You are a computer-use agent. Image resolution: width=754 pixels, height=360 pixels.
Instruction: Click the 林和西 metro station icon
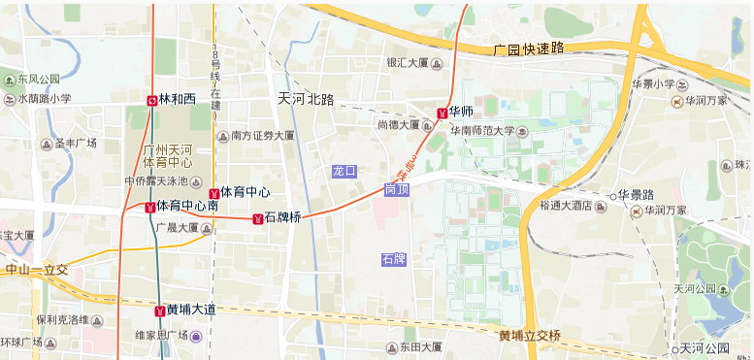pos(152,99)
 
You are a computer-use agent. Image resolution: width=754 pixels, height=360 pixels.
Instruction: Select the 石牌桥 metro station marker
pos(256,218)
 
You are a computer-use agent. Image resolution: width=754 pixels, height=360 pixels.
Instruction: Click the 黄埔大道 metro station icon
pos(159,311)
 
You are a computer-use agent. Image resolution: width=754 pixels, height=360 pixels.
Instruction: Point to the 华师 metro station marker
pos(442,113)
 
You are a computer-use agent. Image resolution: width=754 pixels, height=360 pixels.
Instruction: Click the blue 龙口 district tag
pos(344,171)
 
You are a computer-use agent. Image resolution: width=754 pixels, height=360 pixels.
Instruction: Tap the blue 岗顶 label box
pos(397,190)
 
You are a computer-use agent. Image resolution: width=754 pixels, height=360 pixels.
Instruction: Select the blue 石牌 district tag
pos(394,259)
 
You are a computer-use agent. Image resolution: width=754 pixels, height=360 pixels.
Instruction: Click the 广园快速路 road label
pos(528,48)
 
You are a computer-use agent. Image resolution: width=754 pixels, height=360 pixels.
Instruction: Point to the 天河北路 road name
pos(306,99)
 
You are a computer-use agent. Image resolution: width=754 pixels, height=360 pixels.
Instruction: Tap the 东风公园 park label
pos(38,79)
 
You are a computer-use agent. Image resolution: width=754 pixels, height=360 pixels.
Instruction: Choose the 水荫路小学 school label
pos(44,98)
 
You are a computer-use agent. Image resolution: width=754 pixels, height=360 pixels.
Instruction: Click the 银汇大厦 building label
pos(408,63)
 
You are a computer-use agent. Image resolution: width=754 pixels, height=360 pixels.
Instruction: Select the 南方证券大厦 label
pos(262,136)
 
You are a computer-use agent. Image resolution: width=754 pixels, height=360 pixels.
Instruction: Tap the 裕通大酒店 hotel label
pos(567,206)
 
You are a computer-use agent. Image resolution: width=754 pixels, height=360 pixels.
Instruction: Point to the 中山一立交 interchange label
pos(36,270)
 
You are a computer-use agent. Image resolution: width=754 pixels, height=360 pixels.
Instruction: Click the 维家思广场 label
pos(161,336)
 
